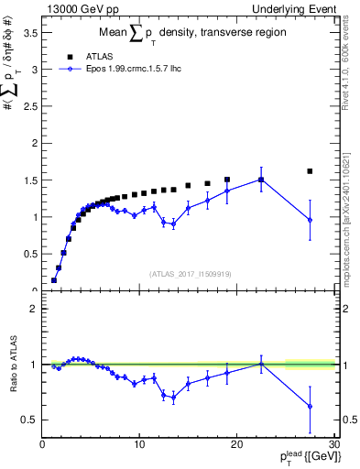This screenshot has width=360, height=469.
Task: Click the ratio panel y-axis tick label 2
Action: [x=34, y=309]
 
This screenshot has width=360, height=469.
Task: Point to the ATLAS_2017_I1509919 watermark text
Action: [x=190, y=273]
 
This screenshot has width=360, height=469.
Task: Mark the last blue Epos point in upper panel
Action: [x=310, y=220]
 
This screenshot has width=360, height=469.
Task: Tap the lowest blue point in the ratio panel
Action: [x=310, y=406]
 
